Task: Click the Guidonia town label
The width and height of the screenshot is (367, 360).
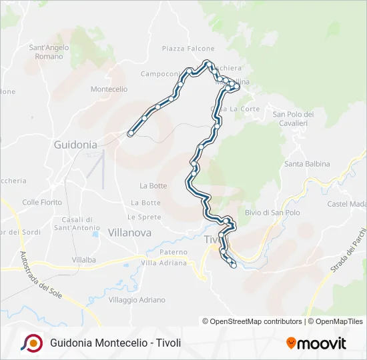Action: tap(75, 144)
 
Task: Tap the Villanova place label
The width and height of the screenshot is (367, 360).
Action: tap(129, 233)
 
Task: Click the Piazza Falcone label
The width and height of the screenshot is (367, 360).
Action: tap(188, 49)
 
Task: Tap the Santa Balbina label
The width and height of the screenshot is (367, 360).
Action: tap(304, 164)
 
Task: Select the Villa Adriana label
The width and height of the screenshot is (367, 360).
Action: tap(163, 263)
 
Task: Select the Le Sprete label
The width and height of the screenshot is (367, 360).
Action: tap(144, 217)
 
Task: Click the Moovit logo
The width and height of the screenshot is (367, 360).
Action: tap(316, 343)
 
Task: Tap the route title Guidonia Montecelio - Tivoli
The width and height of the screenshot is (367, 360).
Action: tap(115, 343)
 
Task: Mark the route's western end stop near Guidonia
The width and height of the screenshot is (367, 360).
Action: tap(129, 133)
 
